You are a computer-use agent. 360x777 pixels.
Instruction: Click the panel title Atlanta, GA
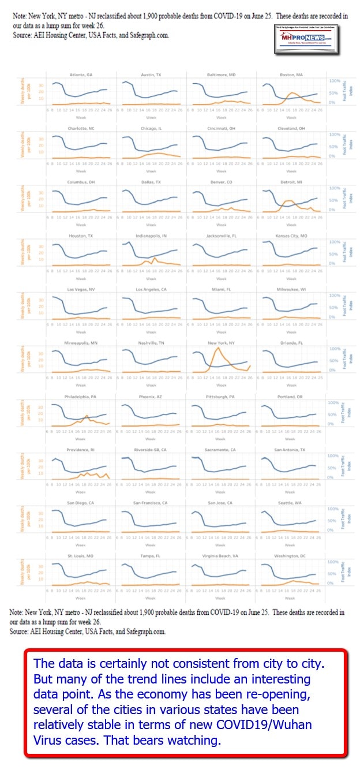[81, 75]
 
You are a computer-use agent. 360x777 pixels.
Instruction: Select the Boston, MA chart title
[291, 75]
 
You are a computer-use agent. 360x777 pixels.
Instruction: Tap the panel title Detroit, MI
[291, 182]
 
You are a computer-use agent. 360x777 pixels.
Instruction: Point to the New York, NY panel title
[221, 343]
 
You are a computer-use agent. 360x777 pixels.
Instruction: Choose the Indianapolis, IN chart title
[151, 236]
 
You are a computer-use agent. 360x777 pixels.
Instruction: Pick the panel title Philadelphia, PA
[81, 397]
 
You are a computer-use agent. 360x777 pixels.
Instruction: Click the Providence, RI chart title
[81, 449]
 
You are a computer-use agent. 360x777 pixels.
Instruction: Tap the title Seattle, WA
[291, 503]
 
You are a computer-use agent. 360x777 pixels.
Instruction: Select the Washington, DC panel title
[291, 556]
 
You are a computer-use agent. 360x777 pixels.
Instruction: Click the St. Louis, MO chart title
[81, 556]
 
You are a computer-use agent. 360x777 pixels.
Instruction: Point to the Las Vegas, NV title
[81, 289]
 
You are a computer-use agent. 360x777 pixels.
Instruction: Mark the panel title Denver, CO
[221, 182]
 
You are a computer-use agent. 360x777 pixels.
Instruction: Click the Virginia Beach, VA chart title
[221, 556]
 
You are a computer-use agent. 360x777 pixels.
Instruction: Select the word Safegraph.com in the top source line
[148, 35]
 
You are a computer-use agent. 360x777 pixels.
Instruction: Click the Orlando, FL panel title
[291, 343]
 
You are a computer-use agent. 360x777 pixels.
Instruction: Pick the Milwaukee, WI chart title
[291, 289]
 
